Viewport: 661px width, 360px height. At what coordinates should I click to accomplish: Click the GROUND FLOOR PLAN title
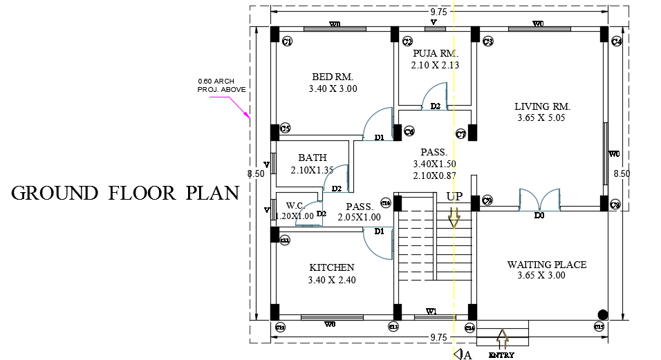pyautogui.click(x=124, y=193)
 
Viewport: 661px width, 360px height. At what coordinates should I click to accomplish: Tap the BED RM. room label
pyautogui.click(x=333, y=77)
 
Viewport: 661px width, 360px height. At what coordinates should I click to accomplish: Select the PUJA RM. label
pyautogui.click(x=435, y=53)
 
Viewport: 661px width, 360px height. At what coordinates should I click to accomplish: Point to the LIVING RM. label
pyautogui.click(x=542, y=106)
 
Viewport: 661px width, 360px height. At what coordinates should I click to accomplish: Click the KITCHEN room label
pyautogui.click(x=332, y=267)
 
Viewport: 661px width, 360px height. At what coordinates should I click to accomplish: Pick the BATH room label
pyautogui.click(x=313, y=158)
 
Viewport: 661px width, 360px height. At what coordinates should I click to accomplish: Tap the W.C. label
pyautogui.click(x=296, y=205)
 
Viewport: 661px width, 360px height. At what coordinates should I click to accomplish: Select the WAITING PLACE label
pyautogui.click(x=546, y=265)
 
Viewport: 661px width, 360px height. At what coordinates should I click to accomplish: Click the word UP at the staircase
pyautogui.click(x=454, y=197)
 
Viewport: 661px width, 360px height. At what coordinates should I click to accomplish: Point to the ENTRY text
pyautogui.click(x=501, y=355)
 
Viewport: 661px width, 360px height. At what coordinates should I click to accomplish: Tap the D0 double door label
pyautogui.click(x=539, y=216)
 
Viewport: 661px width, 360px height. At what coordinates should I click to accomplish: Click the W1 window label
pyautogui.click(x=431, y=312)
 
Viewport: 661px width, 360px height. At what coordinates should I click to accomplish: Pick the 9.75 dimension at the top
pyautogui.click(x=438, y=11)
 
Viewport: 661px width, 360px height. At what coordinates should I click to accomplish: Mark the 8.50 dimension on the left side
pyautogui.click(x=257, y=174)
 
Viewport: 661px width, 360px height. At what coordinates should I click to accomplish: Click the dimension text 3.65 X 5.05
pyautogui.click(x=542, y=118)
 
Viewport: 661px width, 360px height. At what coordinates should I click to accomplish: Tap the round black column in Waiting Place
pyautogui.click(x=602, y=314)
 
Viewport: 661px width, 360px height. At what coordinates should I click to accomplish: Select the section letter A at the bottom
pyautogui.click(x=468, y=355)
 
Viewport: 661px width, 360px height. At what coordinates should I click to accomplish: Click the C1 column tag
pyautogui.click(x=287, y=43)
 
